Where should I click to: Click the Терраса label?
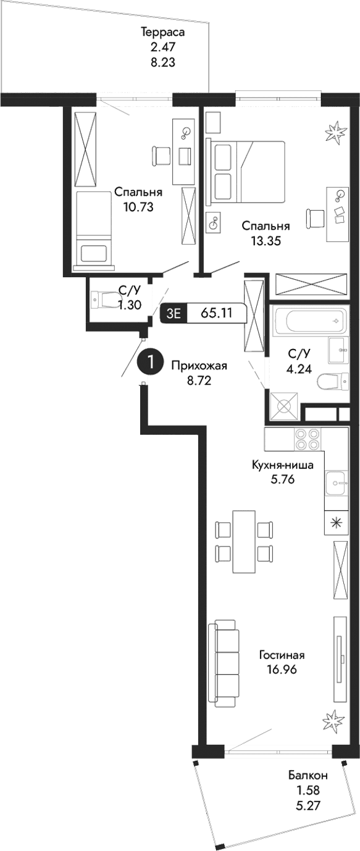coord(163,32)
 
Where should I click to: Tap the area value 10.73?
coord(138,208)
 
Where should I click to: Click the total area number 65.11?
coord(216,312)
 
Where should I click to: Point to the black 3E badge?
coord(172,313)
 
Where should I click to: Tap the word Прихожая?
coord(199,366)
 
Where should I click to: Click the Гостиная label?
coord(282,655)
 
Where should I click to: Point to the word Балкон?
coord(308,776)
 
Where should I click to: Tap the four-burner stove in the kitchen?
coord(306,438)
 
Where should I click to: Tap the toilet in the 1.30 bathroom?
coord(104,301)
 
